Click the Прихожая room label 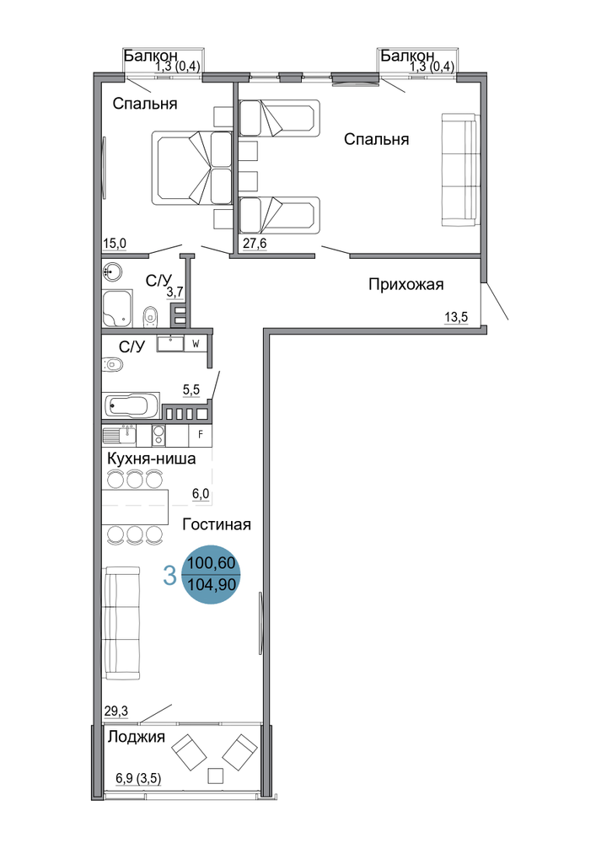click(405, 284)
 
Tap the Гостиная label click(217, 524)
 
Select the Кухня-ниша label click(152, 459)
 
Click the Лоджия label click(136, 737)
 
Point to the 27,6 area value click(255, 244)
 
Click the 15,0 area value click(115, 244)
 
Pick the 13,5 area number click(456, 317)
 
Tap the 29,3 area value click(116, 711)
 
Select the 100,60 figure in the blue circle click(212, 563)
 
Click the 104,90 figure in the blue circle click(212, 584)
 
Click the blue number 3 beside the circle click(169, 576)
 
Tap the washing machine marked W click(196, 344)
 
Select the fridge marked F click(201, 435)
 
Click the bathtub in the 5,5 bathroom click(132, 405)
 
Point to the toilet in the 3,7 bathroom click(150, 317)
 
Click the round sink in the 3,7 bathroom click(112, 271)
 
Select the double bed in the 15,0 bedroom click(192, 167)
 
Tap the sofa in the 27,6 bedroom click(460, 170)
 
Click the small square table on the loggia click(216, 776)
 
